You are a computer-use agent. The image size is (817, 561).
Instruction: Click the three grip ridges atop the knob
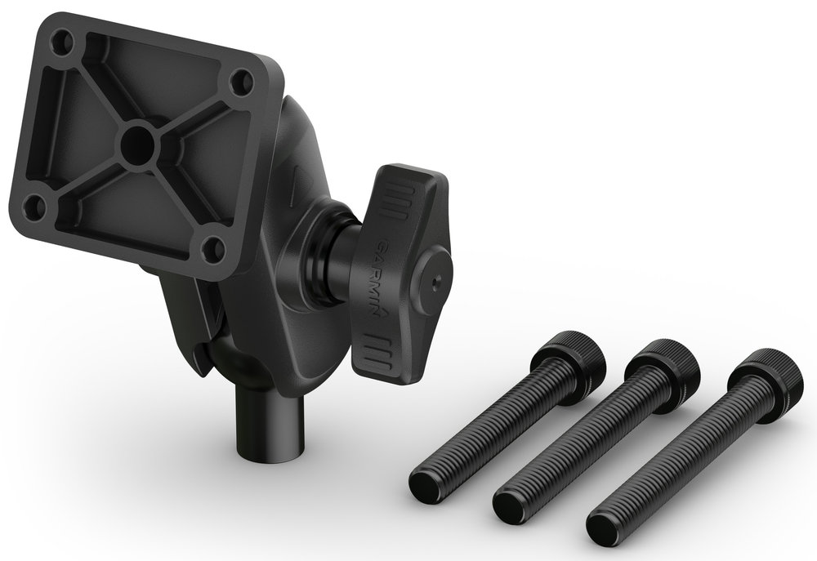393,200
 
